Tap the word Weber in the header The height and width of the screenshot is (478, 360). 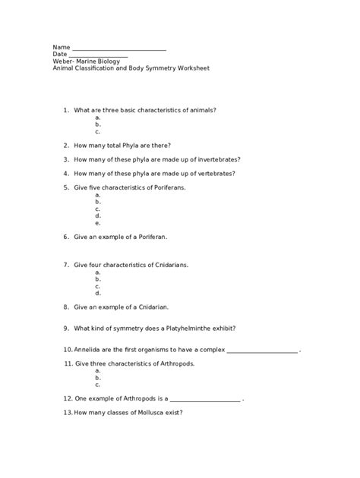pyautogui.click(x=63, y=61)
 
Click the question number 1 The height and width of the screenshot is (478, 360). pyautogui.click(x=66, y=110)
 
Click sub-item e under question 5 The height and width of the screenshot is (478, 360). pyautogui.click(x=98, y=223)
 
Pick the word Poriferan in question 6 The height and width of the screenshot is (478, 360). pyautogui.click(x=150, y=237)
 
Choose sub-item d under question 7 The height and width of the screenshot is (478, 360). pyautogui.click(x=98, y=293)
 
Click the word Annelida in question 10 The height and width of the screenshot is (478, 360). pyautogui.click(x=87, y=350)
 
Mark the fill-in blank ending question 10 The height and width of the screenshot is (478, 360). pyautogui.click(x=262, y=351)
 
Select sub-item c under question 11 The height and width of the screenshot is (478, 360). pyautogui.click(x=98, y=384)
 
